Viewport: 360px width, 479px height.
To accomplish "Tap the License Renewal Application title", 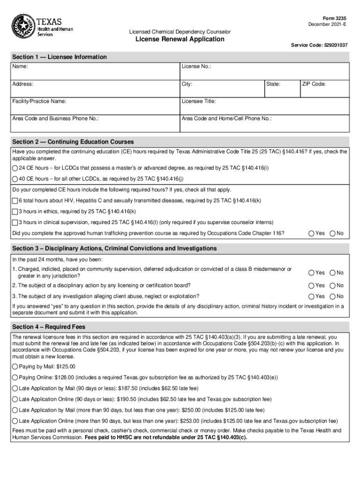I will [x=180, y=39].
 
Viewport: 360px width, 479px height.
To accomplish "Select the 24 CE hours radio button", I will [x=15, y=168].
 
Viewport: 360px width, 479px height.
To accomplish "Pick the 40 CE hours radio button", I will [x=15, y=179].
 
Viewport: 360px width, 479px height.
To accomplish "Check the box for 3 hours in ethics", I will [x=15, y=211].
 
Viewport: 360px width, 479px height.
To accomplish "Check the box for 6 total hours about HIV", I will [x=15, y=201].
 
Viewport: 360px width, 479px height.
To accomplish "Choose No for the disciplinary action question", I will [x=333, y=285].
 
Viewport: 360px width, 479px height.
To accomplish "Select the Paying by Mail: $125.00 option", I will [x=15, y=367].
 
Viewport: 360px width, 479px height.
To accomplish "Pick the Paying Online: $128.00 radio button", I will [x=15, y=377].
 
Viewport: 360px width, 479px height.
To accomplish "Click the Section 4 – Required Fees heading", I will [x=49, y=327].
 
